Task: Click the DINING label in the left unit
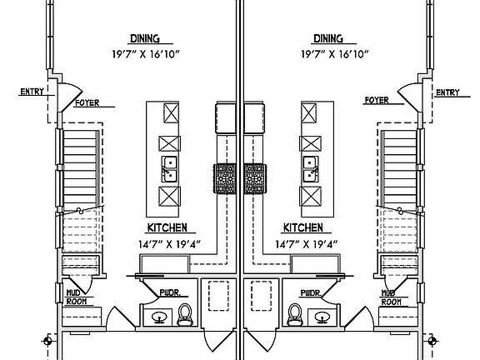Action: [x=145, y=38]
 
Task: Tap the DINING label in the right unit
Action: [x=328, y=38]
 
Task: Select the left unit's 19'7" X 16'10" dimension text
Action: [x=145, y=54]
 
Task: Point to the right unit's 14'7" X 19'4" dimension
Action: [x=306, y=244]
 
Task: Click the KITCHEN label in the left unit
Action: [x=167, y=227]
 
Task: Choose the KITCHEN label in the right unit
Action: [x=302, y=227]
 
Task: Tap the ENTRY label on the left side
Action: [x=32, y=92]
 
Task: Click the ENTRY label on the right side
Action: [x=447, y=92]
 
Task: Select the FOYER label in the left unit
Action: [x=87, y=102]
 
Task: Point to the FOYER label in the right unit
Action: [x=377, y=100]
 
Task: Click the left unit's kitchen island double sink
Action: [x=169, y=169]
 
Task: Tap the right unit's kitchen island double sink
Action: [x=311, y=169]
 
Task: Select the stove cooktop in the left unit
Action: [x=225, y=179]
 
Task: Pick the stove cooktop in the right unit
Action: [x=255, y=179]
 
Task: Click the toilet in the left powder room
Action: [x=185, y=314]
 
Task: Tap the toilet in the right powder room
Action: [x=295, y=314]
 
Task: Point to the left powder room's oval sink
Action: [x=159, y=317]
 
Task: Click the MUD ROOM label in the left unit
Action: [x=76, y=297]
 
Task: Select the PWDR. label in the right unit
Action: [x=311, y=293]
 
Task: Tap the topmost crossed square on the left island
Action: [x=171, y=113]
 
